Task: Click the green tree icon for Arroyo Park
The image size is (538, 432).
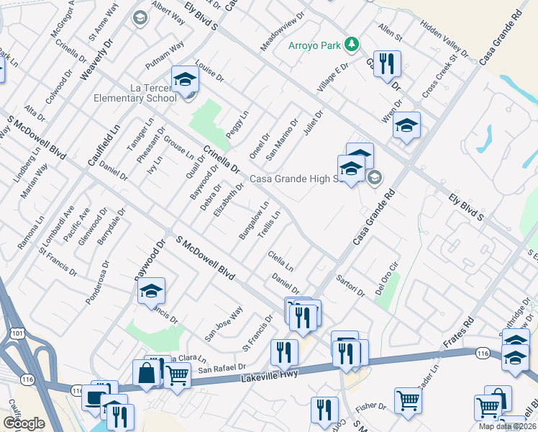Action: (x=351, y=45)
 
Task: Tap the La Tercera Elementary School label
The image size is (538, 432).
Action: (x=134, y=92)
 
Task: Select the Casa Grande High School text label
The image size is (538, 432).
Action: (x=295, y=179)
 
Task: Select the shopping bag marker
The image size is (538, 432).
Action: (x=146, y=372)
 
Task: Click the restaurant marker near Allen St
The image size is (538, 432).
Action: (x=387, y=64)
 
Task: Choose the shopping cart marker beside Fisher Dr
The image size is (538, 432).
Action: (x=408, y=400)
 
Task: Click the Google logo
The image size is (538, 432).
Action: (x=24, y=423)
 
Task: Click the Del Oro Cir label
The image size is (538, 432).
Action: (x=385, y=271)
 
